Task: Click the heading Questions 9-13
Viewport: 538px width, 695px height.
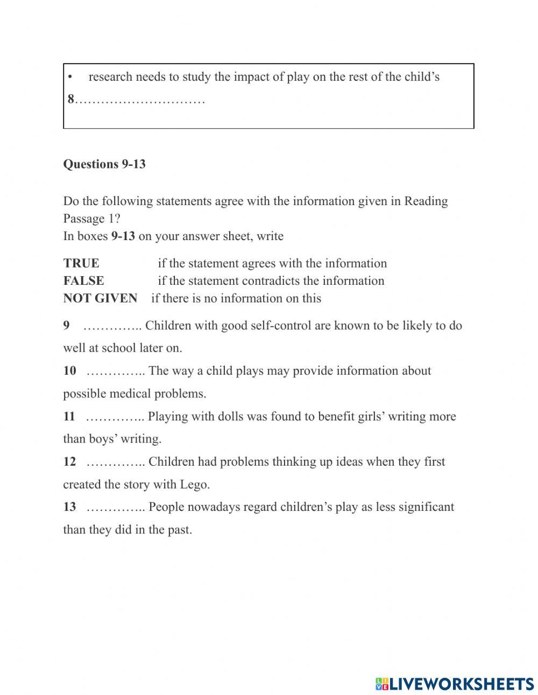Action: click(x=104, y=164)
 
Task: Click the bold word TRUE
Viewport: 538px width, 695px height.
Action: click(x=81, y=263)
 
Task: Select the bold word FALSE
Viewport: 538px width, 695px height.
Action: click(x=83, y=280)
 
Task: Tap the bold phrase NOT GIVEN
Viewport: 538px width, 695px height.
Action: click(x=100, y=298)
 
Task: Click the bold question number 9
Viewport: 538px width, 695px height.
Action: click(x=66, y=326)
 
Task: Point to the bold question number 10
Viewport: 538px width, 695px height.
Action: click(x=69, y=371)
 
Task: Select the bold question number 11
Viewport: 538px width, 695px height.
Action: click(x=69, y=416)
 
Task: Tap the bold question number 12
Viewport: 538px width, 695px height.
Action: click(x=69, y=461)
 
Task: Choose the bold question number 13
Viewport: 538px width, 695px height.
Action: click(x=69, y=507)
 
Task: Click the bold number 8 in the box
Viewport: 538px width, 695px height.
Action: click(x=70, y=100)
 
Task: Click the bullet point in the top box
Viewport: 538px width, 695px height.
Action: click(x=70, y=77)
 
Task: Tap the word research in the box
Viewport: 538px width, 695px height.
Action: click(x=110, y=77)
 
